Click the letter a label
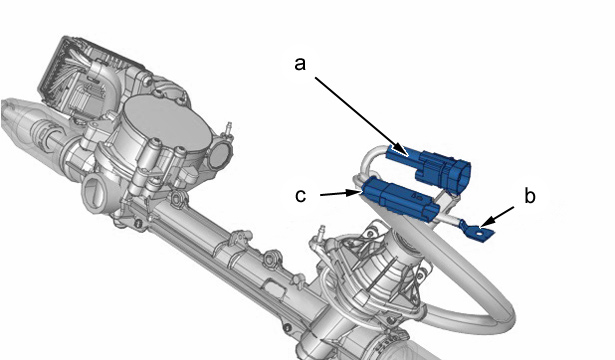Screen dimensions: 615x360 (x=300, y=64)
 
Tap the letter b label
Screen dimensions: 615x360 (x=529, y=195)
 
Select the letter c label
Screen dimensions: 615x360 (x=300, y=195)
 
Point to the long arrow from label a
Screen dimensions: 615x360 (x=362, y=116)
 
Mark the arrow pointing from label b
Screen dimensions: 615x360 (x=497, y=217)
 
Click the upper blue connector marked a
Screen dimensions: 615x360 (x=429, y=168)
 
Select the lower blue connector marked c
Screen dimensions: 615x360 (x=400, y=198)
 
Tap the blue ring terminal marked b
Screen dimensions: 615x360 (x=477, y=231)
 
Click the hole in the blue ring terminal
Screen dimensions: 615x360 (x=479, y=233)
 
